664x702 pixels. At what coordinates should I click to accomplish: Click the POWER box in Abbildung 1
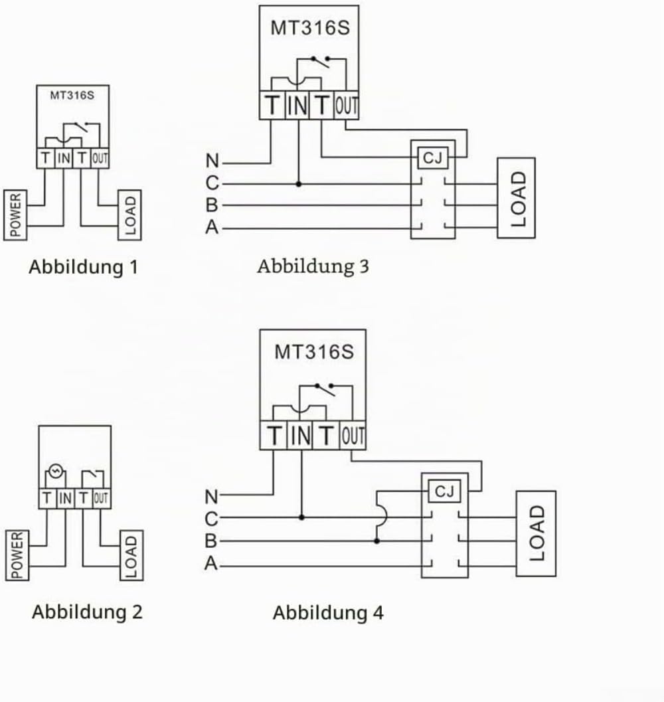tap(15, 215)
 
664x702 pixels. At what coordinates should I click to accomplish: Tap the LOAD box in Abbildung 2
tap(131, 556)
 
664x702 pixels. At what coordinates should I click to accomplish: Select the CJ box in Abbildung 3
tap(432, 158)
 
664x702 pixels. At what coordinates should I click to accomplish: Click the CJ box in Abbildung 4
tap(444, 491)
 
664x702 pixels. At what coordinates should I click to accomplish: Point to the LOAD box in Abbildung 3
tap(516, 198)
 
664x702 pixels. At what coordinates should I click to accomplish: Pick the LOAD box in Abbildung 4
tap(536, 534)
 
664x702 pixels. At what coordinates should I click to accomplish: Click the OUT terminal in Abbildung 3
tap(347, 106)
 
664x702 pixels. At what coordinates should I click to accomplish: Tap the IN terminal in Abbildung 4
tap(300, 436)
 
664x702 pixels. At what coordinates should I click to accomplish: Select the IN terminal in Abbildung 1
tap(64, 158)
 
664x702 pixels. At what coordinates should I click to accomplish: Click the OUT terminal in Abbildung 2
tap(101, 498)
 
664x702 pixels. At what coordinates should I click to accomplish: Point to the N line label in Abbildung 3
tap(212, 161)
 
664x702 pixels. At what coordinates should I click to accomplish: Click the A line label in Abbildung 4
tap(211, 563)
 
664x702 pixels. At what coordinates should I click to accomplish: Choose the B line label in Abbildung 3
tap(212, 205)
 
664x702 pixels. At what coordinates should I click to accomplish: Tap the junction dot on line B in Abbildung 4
tap(377, 541)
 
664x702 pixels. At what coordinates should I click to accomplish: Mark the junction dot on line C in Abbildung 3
tap(299, 184)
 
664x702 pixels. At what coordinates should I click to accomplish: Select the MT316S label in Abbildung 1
tap(72, 96)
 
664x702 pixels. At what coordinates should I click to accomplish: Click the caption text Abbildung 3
tap(313, 267)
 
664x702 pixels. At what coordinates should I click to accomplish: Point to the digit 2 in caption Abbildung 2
tap(137, 612)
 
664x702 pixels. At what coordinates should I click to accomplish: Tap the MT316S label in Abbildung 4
tap(314, 352)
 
